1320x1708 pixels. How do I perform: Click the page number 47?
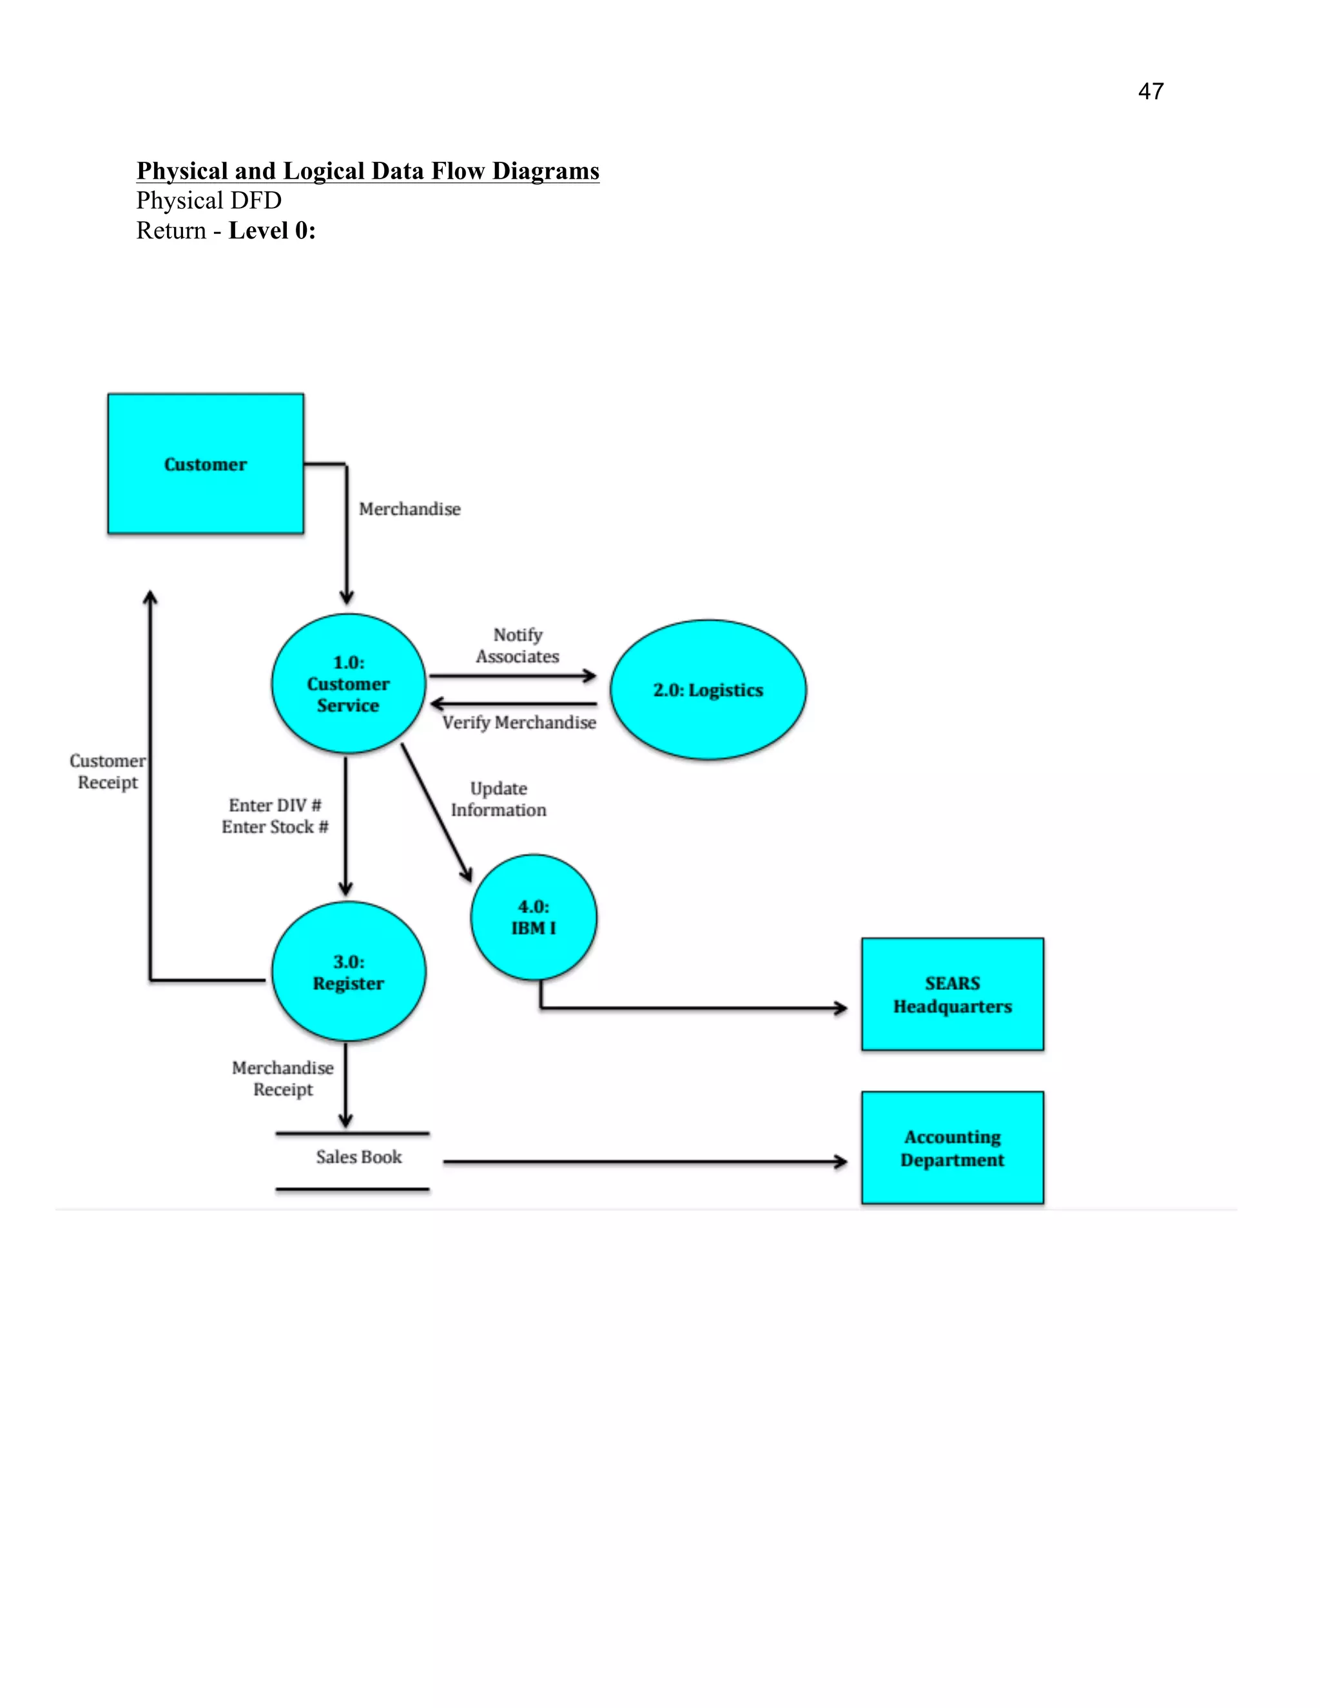1150,92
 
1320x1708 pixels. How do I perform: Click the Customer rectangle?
205,464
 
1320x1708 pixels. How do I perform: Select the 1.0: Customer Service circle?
348,683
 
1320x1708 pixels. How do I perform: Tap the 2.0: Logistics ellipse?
708,690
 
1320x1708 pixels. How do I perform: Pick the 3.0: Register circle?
348,972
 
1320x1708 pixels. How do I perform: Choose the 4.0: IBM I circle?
533,917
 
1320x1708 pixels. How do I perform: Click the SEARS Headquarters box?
952,994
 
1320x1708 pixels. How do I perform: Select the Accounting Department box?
952,1147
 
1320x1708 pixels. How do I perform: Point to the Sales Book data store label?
358,1157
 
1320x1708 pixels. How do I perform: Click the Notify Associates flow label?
517,645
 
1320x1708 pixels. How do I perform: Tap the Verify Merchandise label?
518,723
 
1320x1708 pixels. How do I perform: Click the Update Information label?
498,799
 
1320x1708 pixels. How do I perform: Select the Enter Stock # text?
275,827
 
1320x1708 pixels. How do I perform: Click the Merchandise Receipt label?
282,1078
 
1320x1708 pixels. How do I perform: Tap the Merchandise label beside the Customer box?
409,509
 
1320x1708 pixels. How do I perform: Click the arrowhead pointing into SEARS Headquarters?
841,1008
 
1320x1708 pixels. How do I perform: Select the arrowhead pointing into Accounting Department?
841,1162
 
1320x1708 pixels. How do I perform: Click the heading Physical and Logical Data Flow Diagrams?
367,171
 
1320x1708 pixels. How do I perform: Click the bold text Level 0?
271,231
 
